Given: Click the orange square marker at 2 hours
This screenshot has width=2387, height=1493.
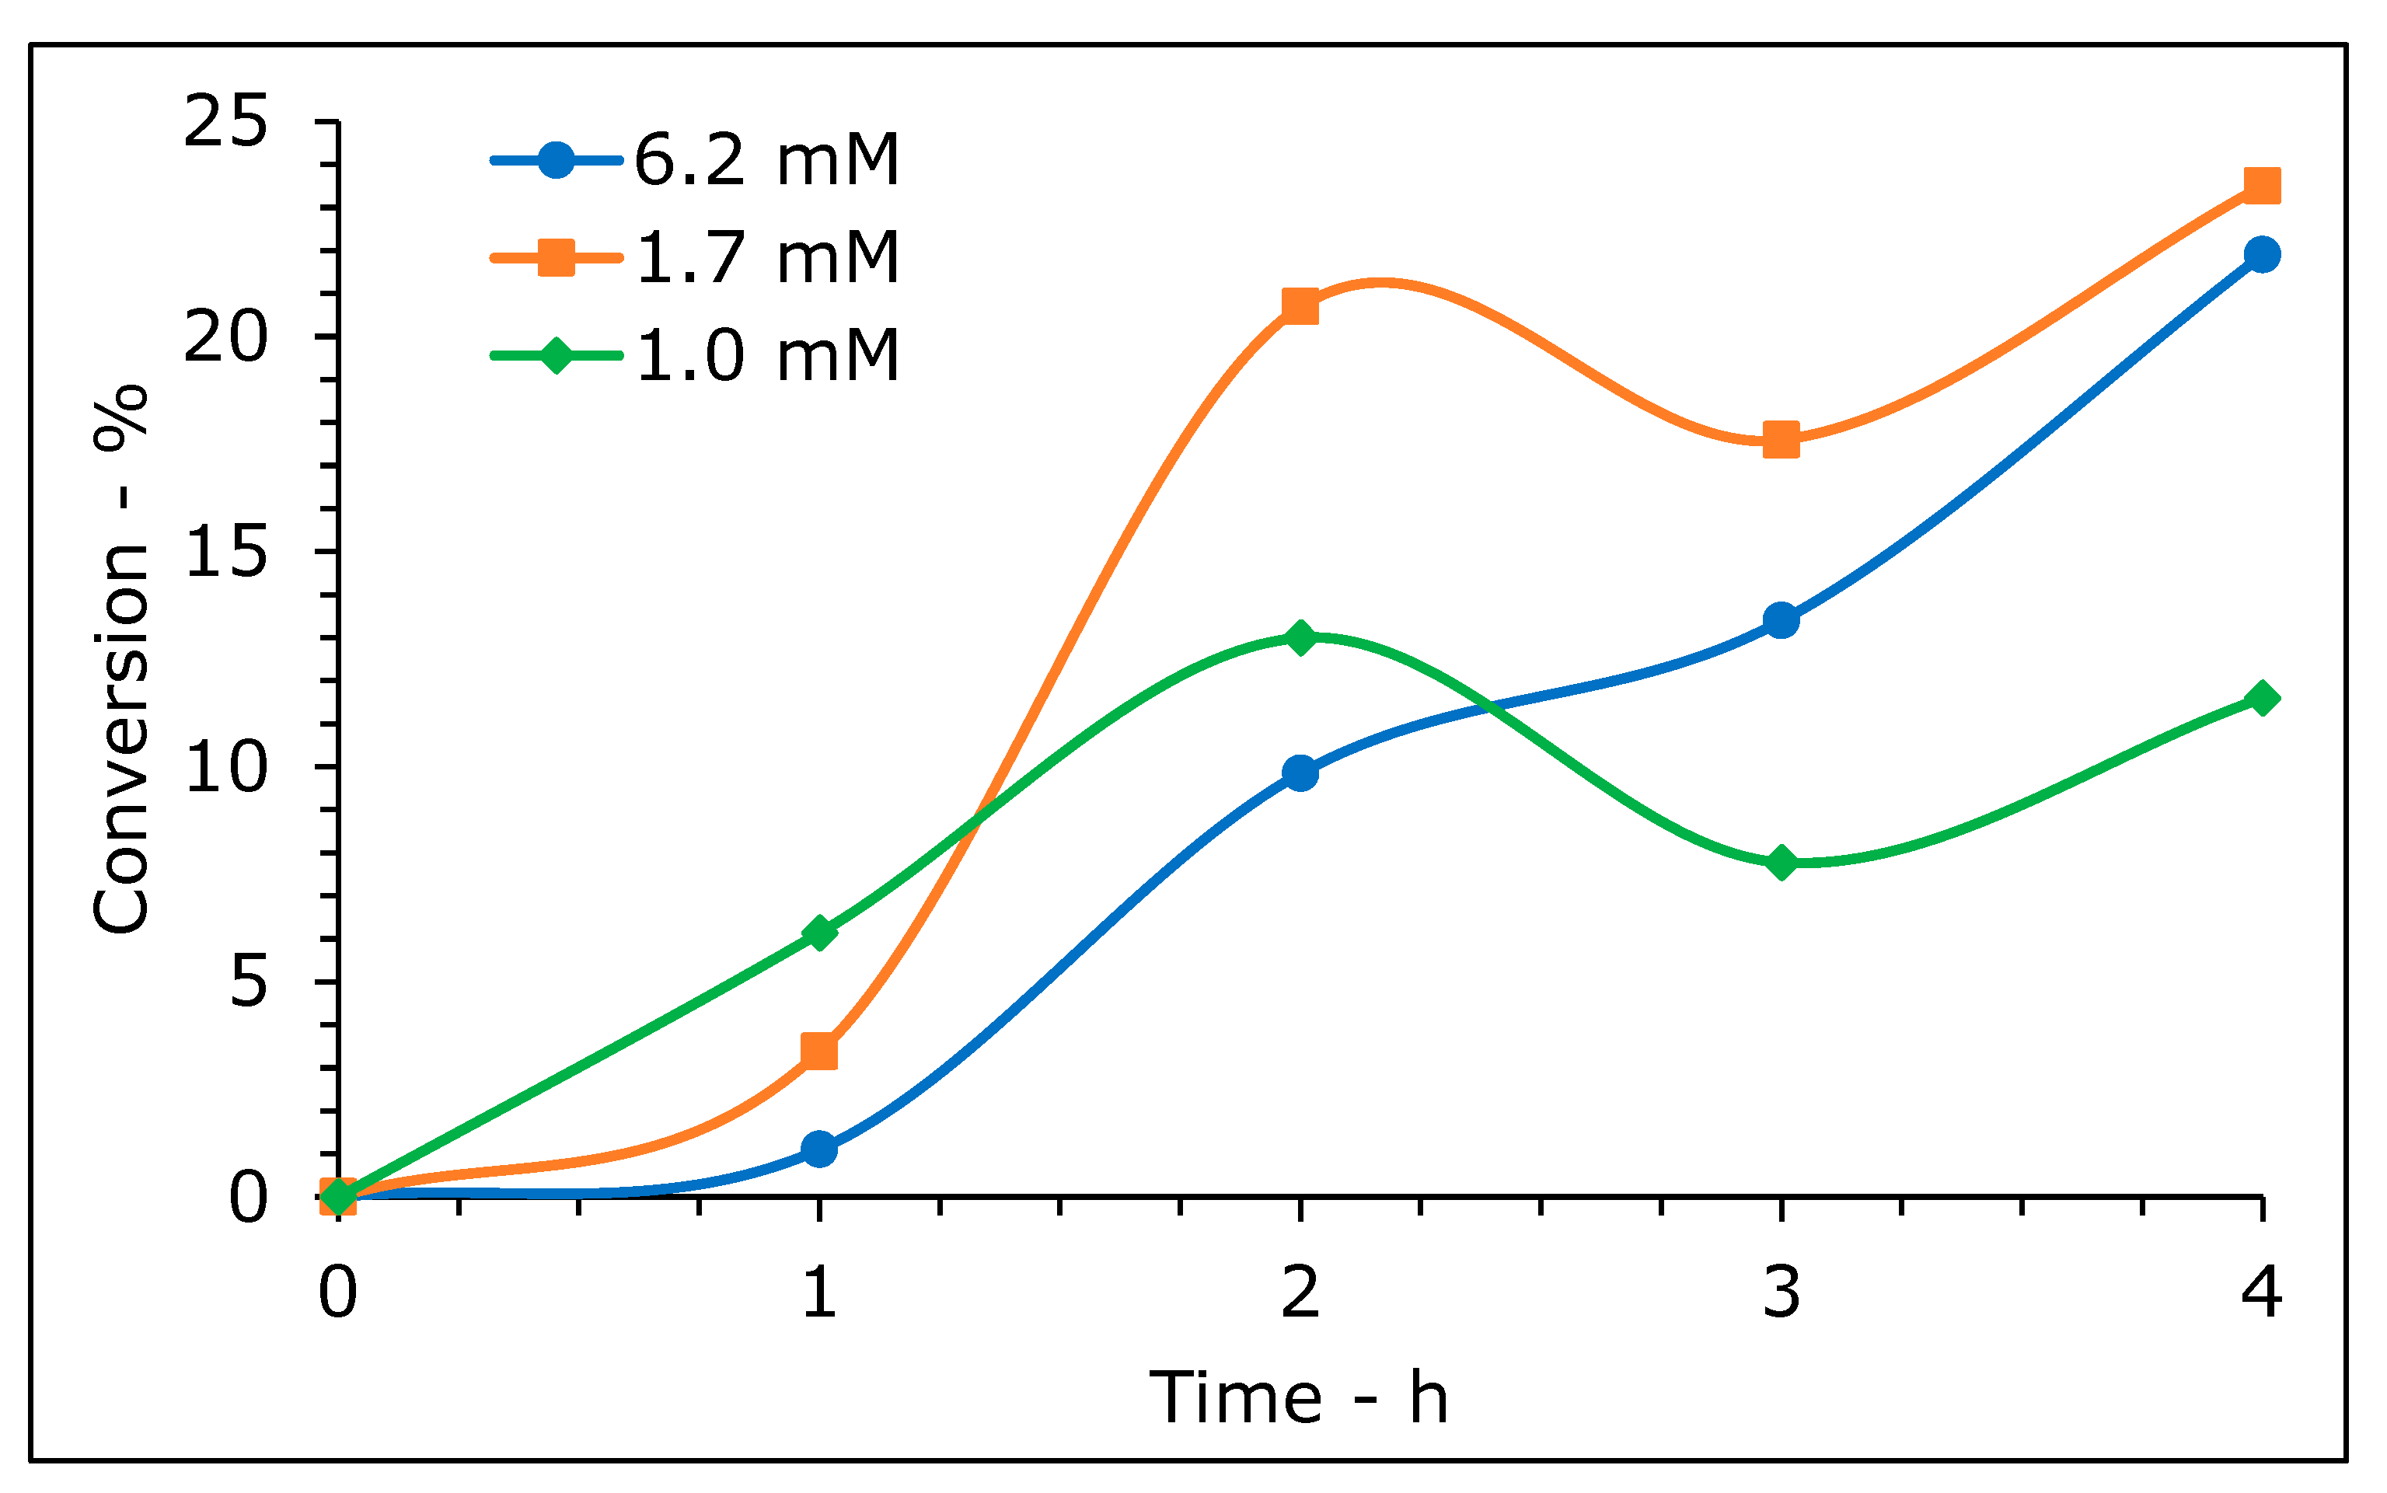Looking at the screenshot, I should click(1300, 306).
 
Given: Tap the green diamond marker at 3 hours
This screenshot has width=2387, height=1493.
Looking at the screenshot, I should click(1781, 862).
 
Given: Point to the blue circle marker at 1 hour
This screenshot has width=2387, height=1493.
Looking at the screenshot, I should click(818, 1149).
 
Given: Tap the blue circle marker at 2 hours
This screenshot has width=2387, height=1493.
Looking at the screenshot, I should click(1300, 773).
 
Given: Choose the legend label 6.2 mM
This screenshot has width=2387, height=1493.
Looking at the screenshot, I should click(766, 160).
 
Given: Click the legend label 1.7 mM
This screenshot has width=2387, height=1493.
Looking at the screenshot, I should click(766, 258).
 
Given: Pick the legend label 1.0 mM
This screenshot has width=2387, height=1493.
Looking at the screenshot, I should click(766, 355).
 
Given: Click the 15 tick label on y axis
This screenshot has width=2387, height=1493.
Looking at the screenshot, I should click(225, 552).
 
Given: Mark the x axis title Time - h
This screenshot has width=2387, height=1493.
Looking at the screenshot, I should click(1298, 1398).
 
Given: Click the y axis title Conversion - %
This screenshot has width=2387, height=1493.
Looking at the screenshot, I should click(120, 660).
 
